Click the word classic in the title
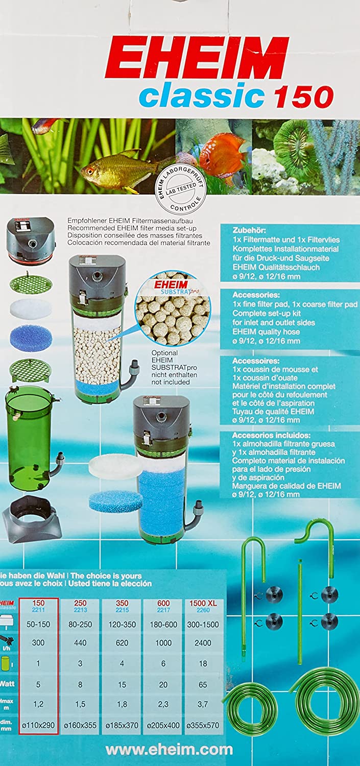point(201,96)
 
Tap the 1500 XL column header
point(203,603)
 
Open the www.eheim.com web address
point(169,750)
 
